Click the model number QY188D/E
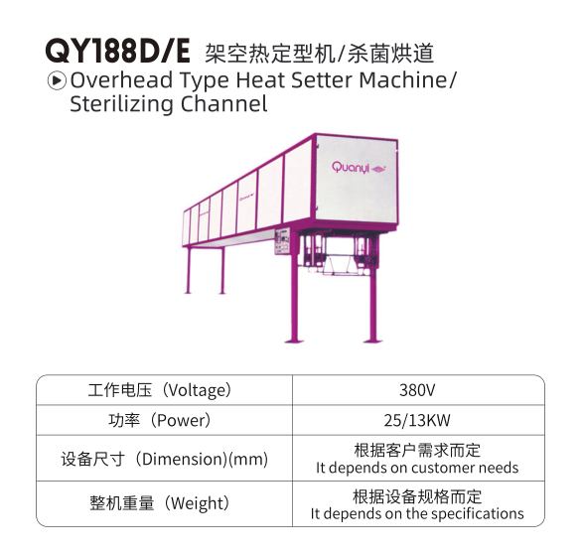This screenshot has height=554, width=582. click(117, 52)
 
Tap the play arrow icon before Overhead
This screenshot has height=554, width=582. click(57, 80)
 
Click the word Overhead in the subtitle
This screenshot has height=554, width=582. click(122, 80)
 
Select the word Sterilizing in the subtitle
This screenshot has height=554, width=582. click(121, 104)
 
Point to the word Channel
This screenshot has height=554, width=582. click(223, 104)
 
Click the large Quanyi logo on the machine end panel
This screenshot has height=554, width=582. click(359, 168)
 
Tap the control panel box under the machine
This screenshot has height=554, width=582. click(282, 241)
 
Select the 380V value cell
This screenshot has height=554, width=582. click(417, 390)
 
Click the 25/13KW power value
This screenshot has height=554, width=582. click(417, 420)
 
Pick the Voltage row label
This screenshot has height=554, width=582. click(160, 390)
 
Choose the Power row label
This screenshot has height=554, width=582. click(160, 420)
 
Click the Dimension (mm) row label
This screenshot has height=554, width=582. click(165, 459)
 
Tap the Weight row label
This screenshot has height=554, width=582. click(160, 503)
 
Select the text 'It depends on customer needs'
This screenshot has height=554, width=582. click(417, 468)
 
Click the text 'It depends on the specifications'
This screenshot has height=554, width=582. click(417, 514)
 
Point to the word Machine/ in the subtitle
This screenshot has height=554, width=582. click(407, 80)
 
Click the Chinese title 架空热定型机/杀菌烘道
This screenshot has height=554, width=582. click(320, 53)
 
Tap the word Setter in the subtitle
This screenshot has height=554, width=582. click(321, 80)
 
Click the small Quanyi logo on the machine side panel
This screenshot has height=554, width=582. click(246, 199)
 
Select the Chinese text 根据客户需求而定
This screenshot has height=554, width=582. click(417, 451)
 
